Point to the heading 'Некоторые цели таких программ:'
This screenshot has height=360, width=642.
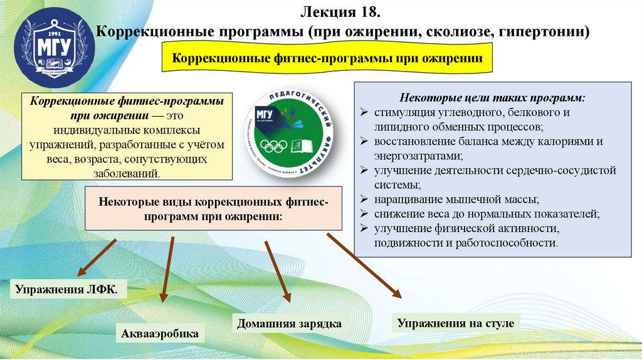click(x=492, y=98)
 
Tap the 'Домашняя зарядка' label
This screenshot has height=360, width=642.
click(x=289, y=324)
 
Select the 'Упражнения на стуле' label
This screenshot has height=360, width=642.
click(x=455, y=324)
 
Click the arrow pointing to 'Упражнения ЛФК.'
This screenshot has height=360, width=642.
click(x=97, y=257)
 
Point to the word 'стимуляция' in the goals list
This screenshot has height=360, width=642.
click(x=406, y=113)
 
